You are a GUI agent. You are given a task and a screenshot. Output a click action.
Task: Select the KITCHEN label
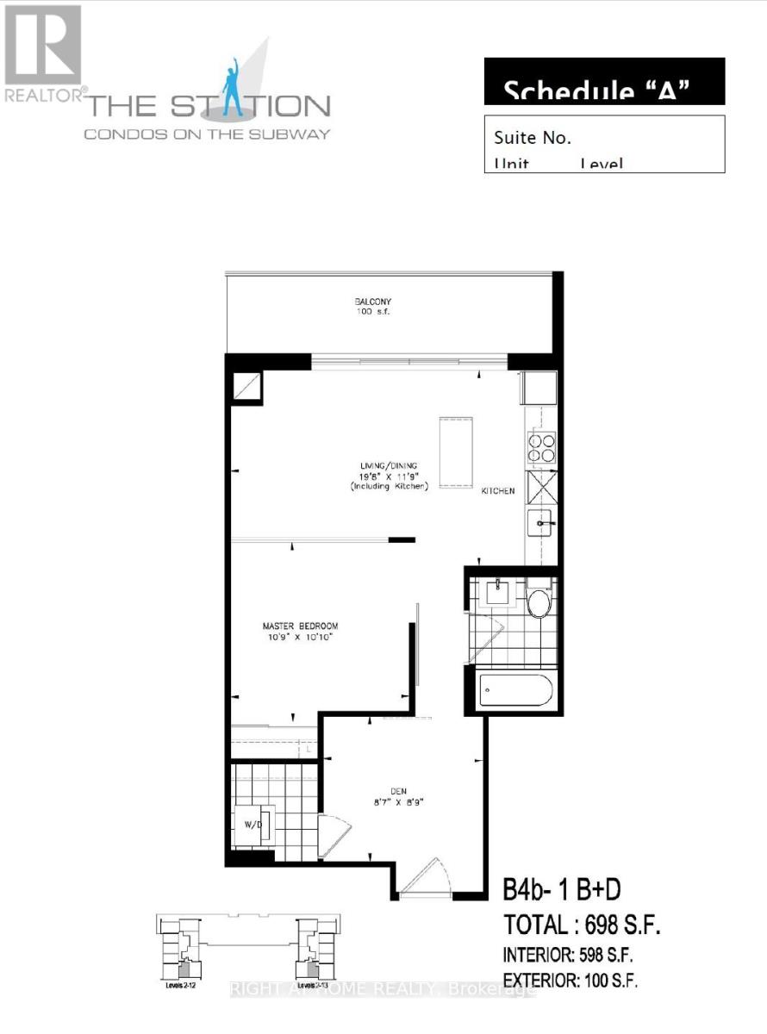(x=498, y=491)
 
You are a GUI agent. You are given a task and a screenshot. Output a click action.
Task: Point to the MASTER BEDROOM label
(x=300, y=626)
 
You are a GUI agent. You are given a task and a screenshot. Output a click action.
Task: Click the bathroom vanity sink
(x=497, y=593)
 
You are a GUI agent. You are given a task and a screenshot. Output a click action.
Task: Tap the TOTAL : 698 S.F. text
(x=582, y=926)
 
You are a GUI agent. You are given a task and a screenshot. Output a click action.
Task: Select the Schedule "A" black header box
(x=604, y=82)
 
